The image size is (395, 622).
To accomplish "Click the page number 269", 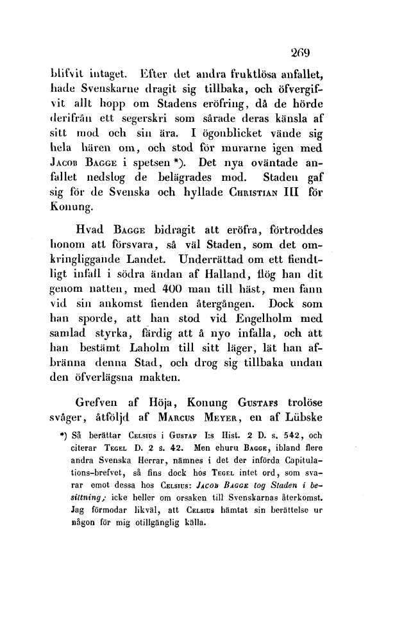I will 299,52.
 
